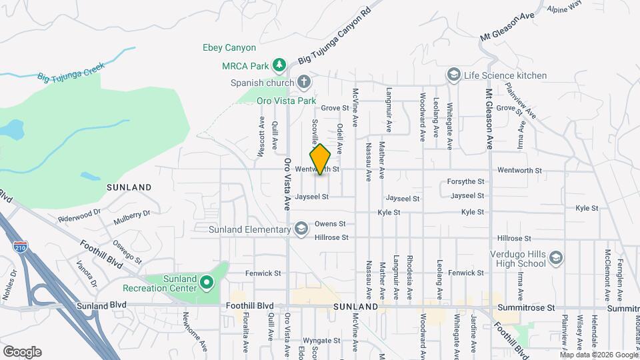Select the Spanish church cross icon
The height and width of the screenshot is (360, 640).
tap(303, 83)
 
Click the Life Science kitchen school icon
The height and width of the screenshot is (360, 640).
tap(454, 75)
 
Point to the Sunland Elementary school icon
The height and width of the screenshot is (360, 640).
tap(301, 230)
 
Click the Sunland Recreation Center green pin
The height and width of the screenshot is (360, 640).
tap(207, 283)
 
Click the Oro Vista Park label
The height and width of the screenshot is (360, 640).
tap(286, 101)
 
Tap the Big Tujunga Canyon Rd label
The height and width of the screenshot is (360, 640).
tap(334, 37)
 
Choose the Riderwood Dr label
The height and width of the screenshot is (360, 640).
tap(78, 217)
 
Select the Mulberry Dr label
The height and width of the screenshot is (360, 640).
tap(132, 215)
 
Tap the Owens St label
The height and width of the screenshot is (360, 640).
tap(330, 224)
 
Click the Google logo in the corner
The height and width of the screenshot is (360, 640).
tap(22, 351)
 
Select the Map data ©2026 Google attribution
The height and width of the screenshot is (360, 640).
tap(598, 354)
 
